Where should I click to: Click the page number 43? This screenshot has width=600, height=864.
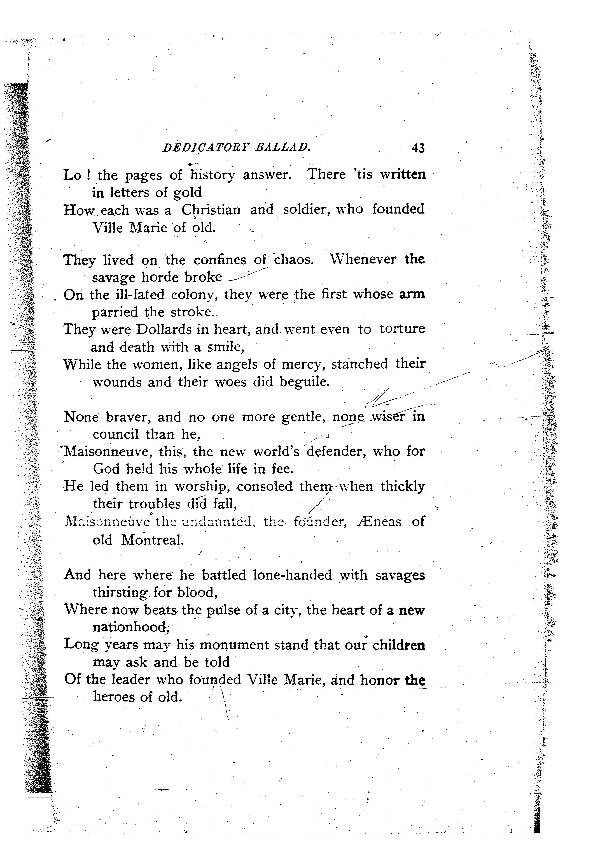click(x=418, y=148)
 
